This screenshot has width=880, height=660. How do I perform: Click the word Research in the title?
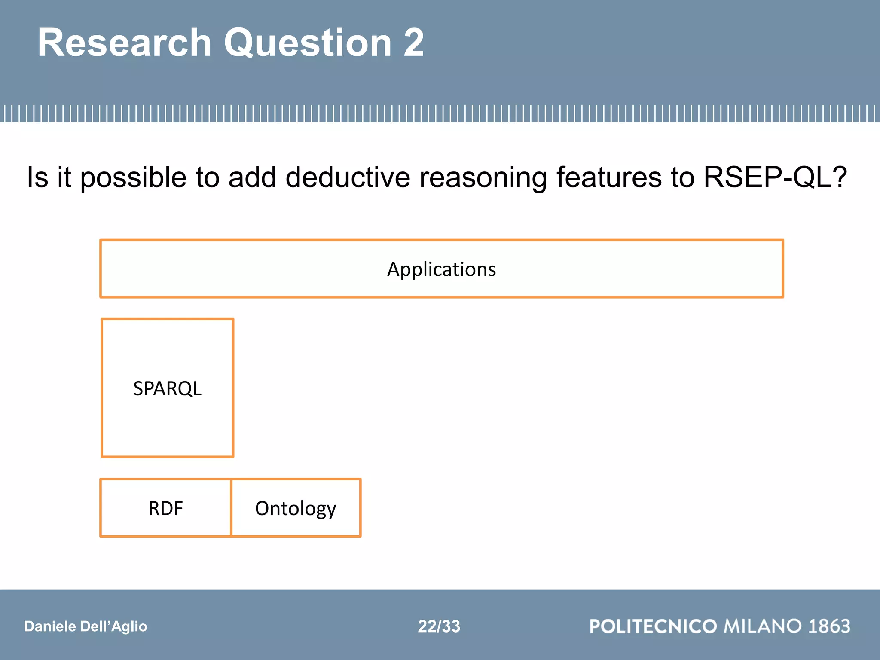[x=125, y=43]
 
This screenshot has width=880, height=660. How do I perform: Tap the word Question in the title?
[x=308, y=43]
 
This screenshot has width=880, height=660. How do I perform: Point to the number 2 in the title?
[x=413, y=43]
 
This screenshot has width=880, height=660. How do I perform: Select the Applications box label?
[x=441, y=269]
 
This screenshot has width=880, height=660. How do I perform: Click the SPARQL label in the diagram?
[x=167, y=388]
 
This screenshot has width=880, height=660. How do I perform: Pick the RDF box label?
[x=165, y=508]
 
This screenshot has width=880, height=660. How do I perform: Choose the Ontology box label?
[x=296, y=508]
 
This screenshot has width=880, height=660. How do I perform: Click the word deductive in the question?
[x=348, y=177]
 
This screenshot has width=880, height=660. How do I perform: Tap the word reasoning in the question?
[x=483, y=177]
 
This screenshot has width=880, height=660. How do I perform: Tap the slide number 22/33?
[x=439, y=626]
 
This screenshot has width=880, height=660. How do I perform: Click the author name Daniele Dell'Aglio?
[x=86, y=626]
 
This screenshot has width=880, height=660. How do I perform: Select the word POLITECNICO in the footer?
[x=653, y=626]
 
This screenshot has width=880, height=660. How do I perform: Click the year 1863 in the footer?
[x=829, y=626]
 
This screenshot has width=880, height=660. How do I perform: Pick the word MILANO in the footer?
[x=763, y=626]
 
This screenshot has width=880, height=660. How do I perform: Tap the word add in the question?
[x=252, y=177]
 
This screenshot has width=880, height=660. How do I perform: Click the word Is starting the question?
[x=37, y=177]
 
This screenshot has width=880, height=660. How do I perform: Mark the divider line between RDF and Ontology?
[x=231, y=508]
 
